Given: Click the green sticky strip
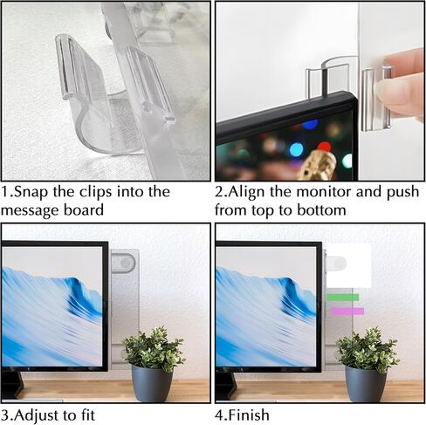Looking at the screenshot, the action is [342, 298].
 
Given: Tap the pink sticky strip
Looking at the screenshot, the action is [347, 312].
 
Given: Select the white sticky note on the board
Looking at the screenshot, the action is [349, 265].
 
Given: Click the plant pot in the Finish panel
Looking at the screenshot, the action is [366, 384].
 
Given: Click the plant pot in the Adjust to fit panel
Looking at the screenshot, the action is [152, 384].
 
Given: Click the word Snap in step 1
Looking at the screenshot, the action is [31, 192].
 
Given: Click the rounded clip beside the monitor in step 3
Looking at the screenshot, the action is [123, 264].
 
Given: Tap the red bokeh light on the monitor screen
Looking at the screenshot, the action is [324, 147].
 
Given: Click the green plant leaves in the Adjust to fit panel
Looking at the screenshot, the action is [154, 348].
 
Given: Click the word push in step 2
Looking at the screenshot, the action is [402, 193].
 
